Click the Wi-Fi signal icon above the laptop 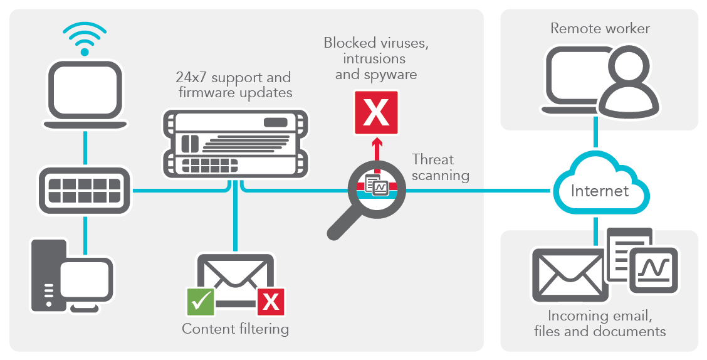[85, 37]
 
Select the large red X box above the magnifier [376, 113]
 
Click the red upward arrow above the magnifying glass [377, 152]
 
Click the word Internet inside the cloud [600, 191]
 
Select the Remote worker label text [600, 28]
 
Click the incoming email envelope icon [567, 275]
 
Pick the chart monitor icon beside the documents [654, 269]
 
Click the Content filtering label [235, 329]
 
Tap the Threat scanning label [440, 167]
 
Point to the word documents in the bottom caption [632, 331]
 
